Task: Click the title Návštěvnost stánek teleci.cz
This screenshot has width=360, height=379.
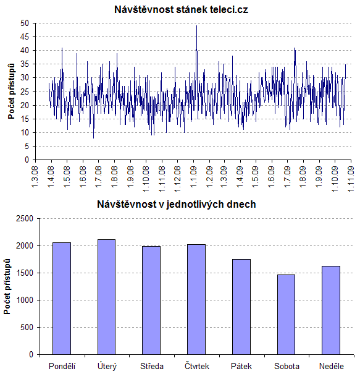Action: [x=181, y=10]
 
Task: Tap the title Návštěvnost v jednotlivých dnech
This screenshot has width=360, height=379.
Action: [x=177, y=205]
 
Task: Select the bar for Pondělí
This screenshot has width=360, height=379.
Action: [x=62, y=299]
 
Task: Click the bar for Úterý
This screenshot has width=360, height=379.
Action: [x=106, y=297]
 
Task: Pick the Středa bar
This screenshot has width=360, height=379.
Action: [x=151, y=300]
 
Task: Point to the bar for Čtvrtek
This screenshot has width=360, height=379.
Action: [x=196, y=299]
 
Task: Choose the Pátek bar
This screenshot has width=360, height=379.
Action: [x=241, y=307]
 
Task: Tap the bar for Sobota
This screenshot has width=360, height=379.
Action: [x=286, y=315]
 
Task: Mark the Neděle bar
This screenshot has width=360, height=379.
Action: [x=331, y=310]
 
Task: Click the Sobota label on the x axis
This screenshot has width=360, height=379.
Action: [x=287, y=366]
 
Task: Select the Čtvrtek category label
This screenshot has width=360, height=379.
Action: [x=197, y=366]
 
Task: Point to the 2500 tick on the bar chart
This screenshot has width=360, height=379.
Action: [x=25, y=218]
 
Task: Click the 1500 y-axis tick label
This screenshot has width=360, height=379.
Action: [x=25, y=273]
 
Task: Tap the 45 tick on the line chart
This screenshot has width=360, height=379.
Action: [x=24, y=36]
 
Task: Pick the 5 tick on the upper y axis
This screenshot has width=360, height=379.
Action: [x=27, y=147]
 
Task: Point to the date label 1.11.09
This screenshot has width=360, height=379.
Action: [x=350, y=179]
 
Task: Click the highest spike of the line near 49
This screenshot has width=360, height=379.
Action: [x=196, y=25]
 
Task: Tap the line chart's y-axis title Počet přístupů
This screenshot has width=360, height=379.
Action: [x=11, y=92]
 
